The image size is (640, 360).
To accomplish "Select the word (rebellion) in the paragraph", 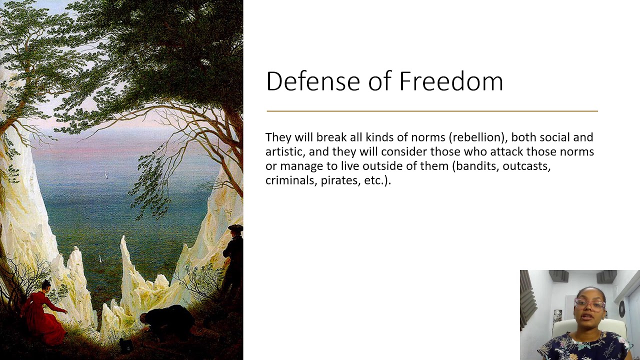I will tap(478, 137).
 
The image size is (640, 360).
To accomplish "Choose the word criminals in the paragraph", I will tap(289, 180).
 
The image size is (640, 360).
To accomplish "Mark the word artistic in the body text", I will tap(284, 151).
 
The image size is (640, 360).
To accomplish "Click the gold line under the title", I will tap(432, 111).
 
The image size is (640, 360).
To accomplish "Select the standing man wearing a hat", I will tap(233, 255).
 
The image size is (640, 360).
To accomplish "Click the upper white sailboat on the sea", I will tap(105, 174).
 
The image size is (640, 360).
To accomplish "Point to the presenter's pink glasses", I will tap(589, 304).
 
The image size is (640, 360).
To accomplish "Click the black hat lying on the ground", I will tap(125, 344).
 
